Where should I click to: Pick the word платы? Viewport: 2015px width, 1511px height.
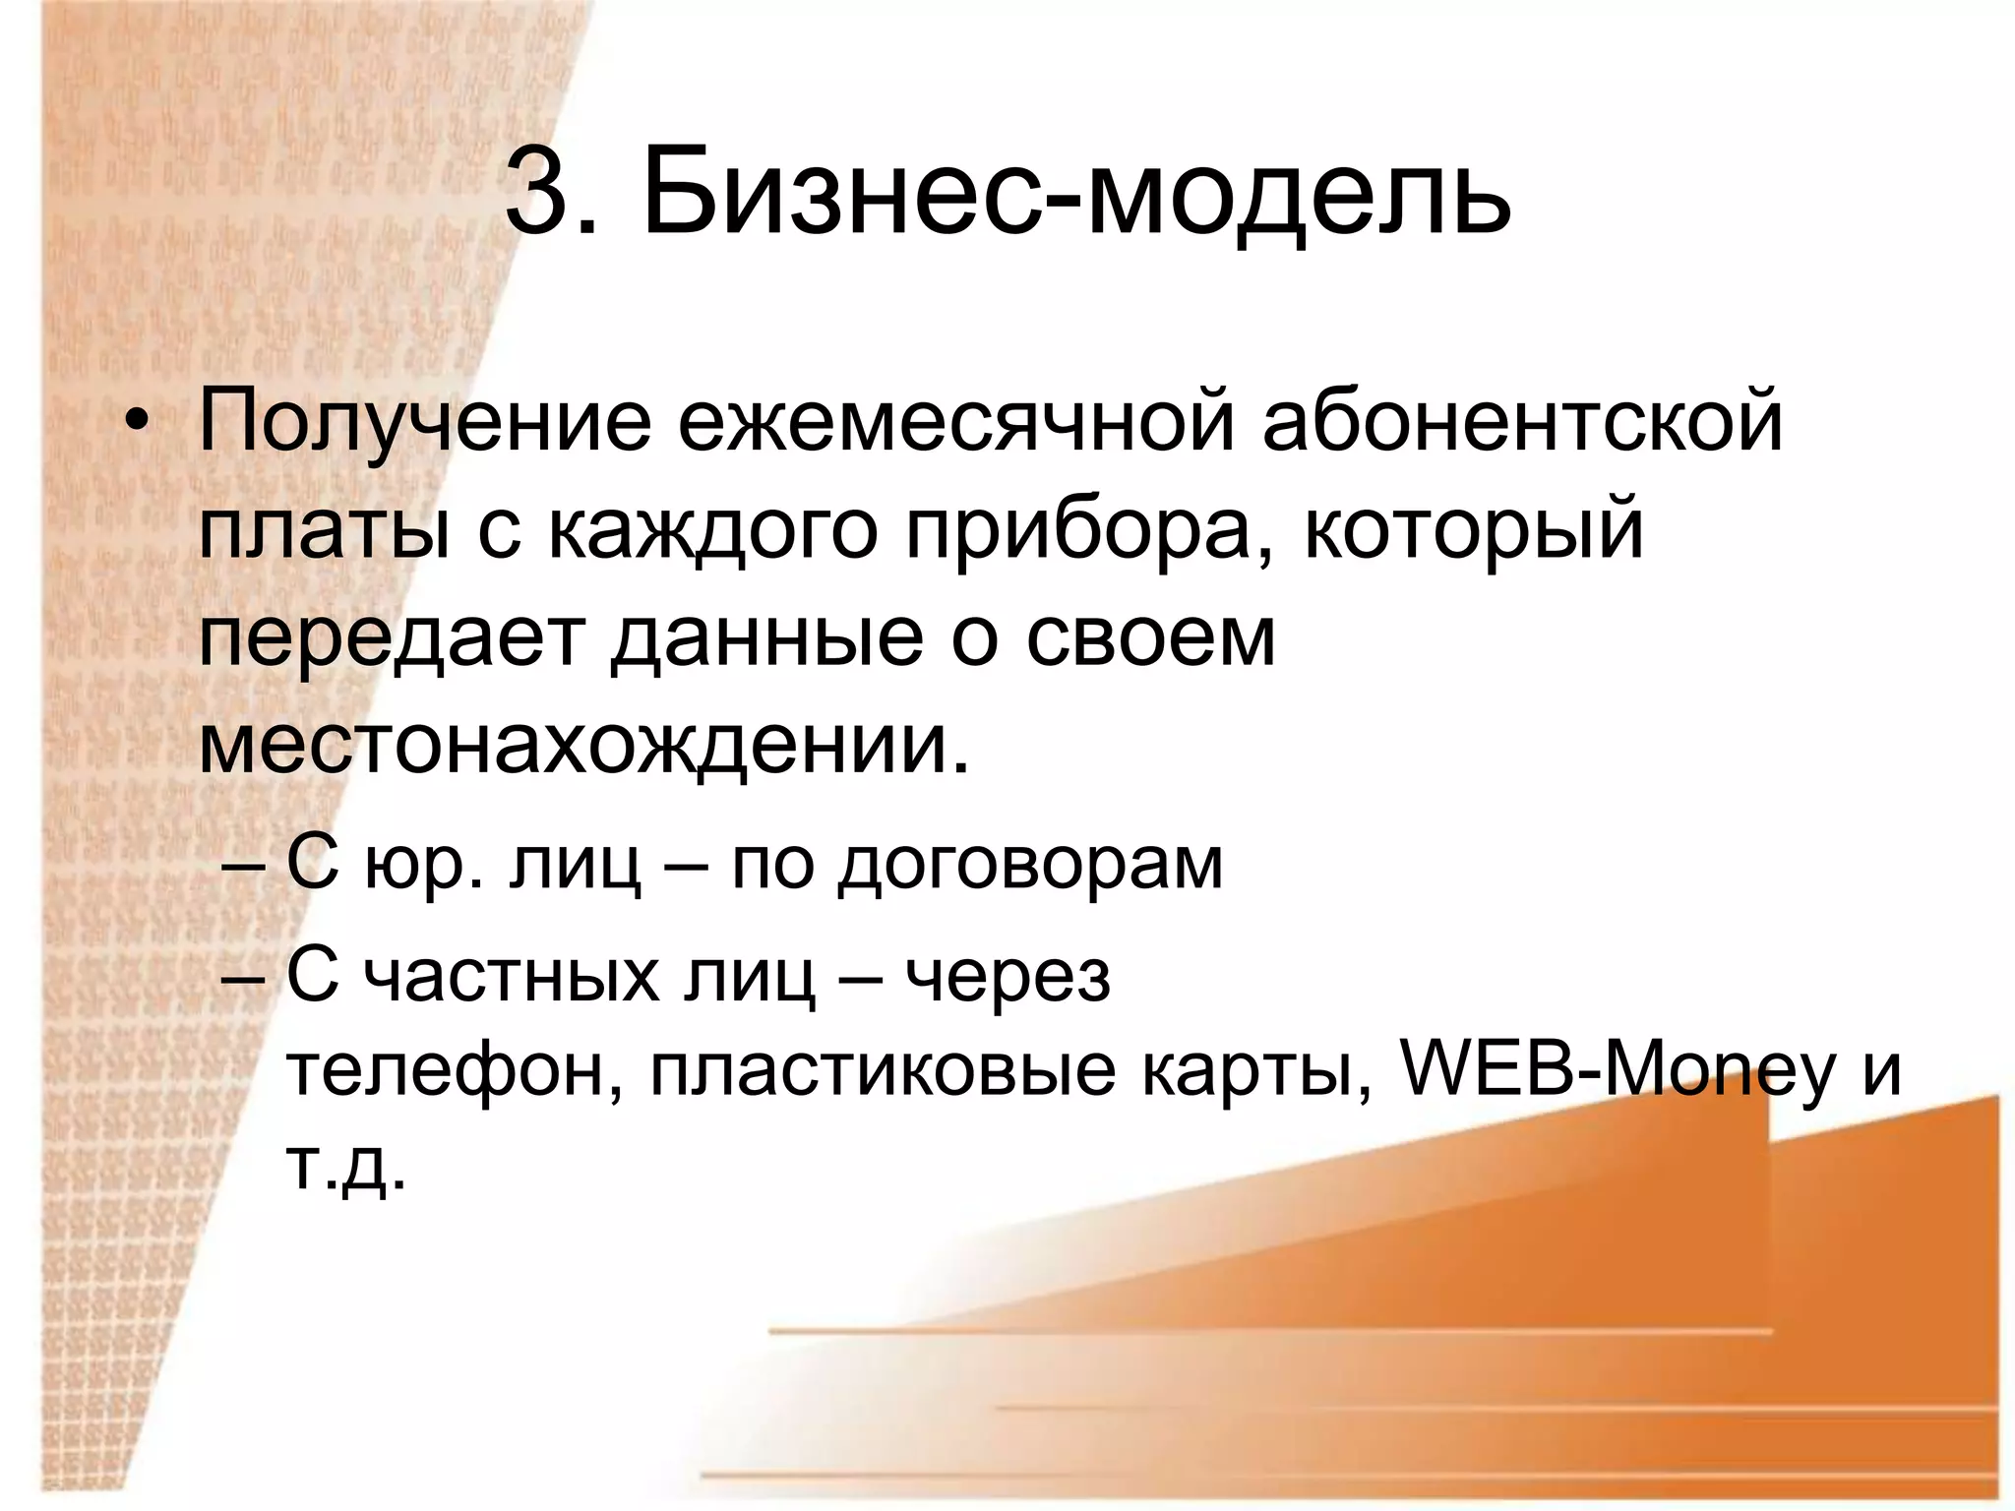[325, 532]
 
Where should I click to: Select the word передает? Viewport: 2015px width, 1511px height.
[391, 639]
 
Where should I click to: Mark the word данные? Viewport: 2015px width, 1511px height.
[766, 639]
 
